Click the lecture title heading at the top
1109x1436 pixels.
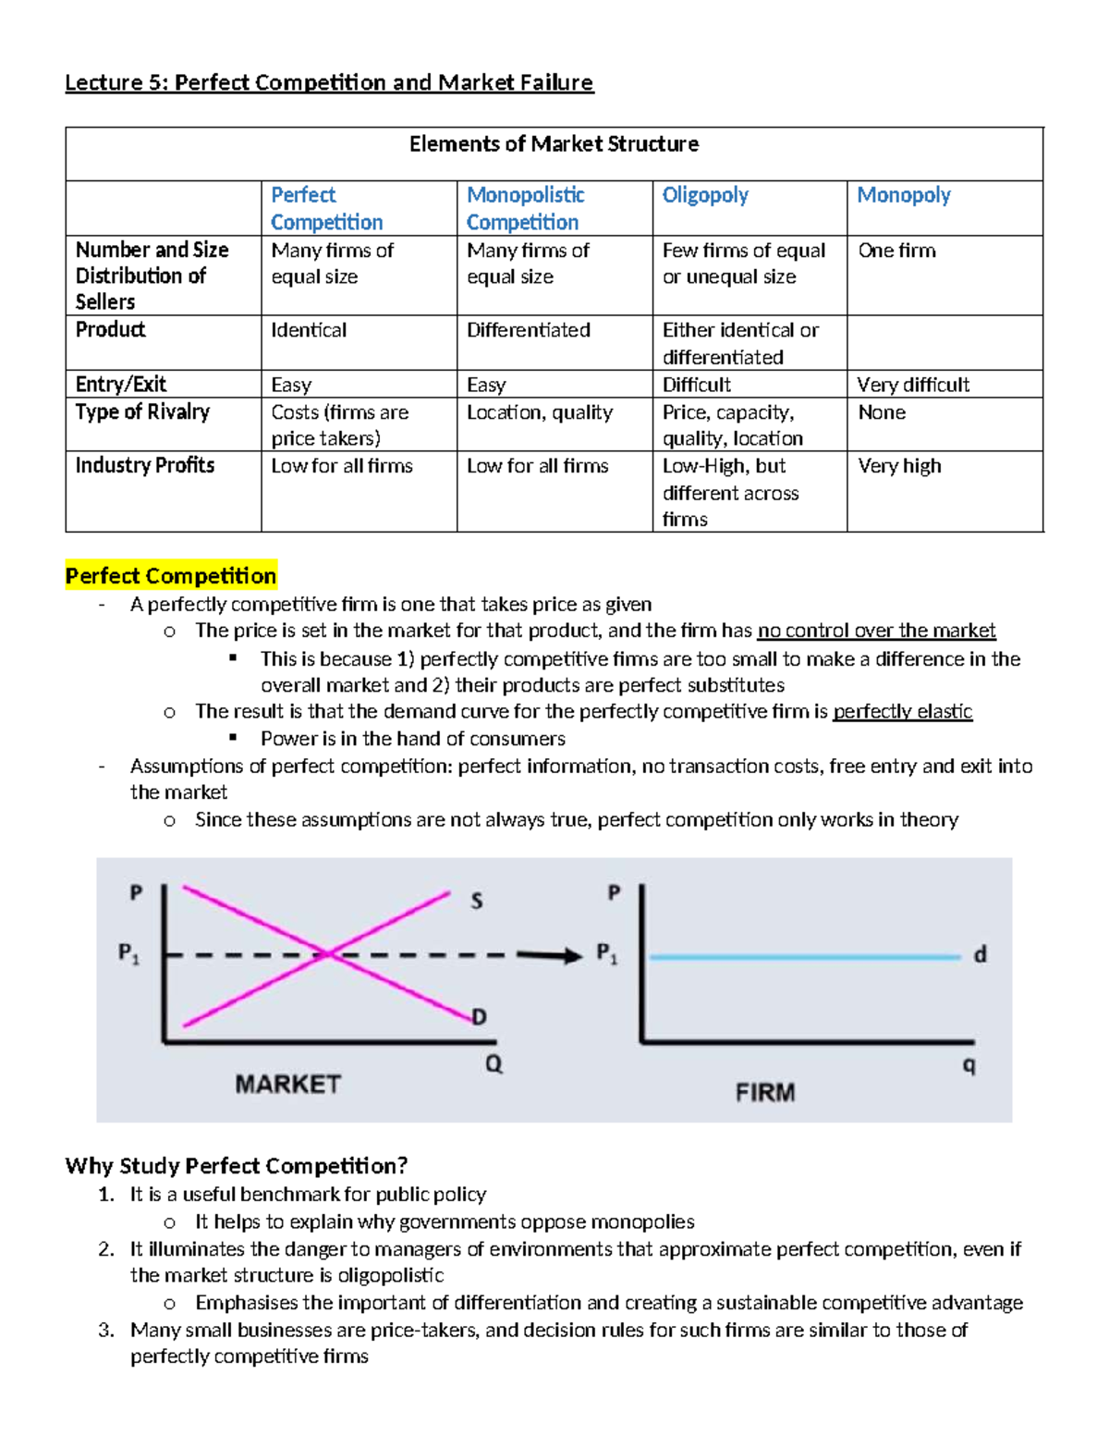329,82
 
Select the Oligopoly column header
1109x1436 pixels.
705,195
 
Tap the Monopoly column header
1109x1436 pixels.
904,195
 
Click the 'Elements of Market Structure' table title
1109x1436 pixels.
554,144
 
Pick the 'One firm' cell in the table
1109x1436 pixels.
896,251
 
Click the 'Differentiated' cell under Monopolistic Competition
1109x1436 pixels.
528,330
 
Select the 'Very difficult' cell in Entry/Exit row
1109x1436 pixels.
913,385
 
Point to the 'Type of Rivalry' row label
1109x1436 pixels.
142,412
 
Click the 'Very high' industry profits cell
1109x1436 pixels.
899,466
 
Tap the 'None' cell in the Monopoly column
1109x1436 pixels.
882,412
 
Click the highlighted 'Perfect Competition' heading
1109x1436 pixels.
171,576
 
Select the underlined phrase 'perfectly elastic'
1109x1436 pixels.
902,711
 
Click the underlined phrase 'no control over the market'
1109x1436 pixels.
876,631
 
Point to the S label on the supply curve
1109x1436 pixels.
476,901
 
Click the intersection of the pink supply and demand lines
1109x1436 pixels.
329,954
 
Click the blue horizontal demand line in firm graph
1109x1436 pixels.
804,957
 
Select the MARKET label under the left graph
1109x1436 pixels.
287,1084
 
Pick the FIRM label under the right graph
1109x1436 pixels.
764,1093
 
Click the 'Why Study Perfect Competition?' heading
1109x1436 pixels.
237,1165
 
